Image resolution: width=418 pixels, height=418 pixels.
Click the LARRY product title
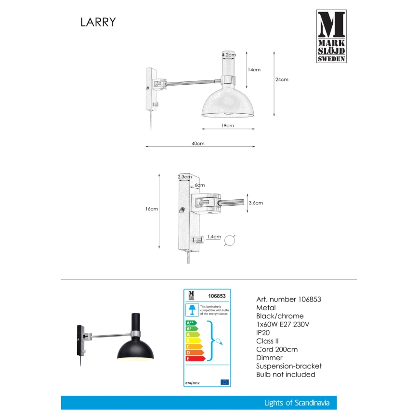coord(98,22)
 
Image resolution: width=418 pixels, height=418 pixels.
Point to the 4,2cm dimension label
coord(228,55)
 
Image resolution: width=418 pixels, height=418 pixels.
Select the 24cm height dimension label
coord(282,79)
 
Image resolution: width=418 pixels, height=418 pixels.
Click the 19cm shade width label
coord(227,126)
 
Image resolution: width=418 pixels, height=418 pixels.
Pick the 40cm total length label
coord(198,144)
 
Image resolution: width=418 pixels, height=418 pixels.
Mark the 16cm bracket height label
coord(152,209)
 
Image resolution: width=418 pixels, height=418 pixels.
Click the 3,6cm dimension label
coord(256,203)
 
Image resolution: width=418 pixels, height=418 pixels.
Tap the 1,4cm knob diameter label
coord(213,237)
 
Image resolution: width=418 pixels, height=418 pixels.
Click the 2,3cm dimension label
coord(183,177)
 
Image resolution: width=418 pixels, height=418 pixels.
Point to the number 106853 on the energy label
coord(217,297)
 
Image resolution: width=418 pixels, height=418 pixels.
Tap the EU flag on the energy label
coord(224,382)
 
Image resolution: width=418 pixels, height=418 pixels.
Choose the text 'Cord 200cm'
coord(277,349)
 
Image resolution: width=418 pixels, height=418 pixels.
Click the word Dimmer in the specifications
coord(270,358)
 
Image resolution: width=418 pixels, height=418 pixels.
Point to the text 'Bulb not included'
coord(286,374)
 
